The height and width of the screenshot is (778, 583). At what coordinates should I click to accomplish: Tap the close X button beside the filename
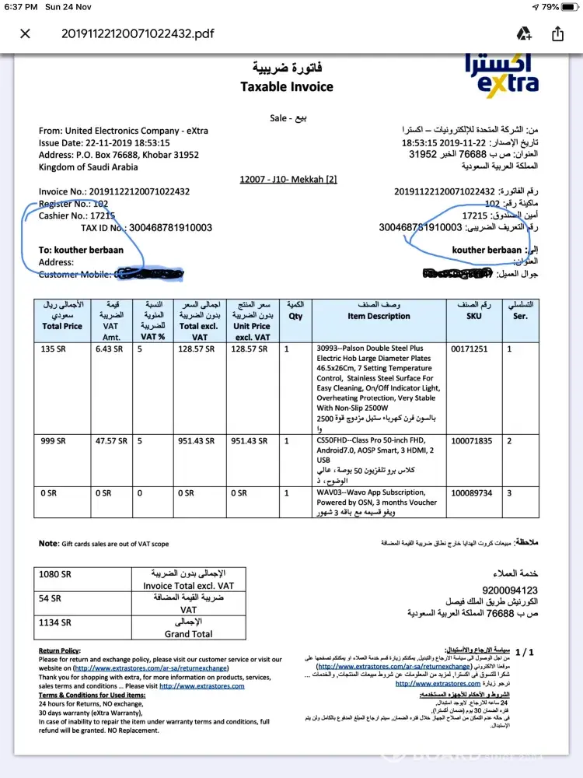point(25,33)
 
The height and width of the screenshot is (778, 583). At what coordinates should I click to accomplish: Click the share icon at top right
point(557,33)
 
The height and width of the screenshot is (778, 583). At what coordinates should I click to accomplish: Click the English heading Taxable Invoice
point(286,86)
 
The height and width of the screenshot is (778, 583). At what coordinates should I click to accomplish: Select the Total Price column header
point(62,326)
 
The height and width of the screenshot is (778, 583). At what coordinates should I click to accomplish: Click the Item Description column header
point(379,316)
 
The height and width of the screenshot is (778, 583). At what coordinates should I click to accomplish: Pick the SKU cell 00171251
point(469,349)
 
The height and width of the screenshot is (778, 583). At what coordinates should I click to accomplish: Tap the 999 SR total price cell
point(51,441)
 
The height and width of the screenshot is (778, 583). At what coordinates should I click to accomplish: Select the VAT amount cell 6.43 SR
point(110,349)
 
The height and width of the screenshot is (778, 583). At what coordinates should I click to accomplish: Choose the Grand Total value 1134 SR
point(55,622)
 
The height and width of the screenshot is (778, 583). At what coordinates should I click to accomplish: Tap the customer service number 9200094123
point(510,590)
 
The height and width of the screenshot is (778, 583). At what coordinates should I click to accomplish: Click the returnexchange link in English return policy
point(138,668)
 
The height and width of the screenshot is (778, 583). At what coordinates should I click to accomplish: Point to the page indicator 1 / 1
point(525,652)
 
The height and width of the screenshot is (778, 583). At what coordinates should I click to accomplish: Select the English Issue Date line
point(104,143)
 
